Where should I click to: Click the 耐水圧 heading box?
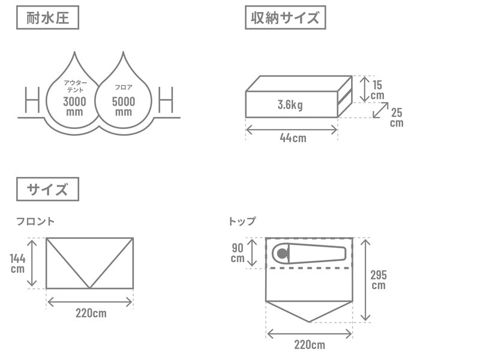(x=47, y=17)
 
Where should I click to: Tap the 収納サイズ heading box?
(x=286, y=17)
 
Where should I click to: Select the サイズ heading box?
(x=47, y=189)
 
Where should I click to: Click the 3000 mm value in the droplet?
(x=74, y=106)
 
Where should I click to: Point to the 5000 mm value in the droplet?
(x=124, y=106)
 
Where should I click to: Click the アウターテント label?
(x=76, y=86)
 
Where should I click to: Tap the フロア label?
(x=124, y=87)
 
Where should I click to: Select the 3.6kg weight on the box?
(x=290, y=104)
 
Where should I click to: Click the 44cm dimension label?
(x=293, y=138)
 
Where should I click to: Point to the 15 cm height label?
(x=377, y=90)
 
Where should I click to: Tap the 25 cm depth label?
(x=397, y=118)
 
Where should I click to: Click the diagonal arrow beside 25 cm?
(x=380, y=110)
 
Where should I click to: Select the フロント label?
(x=35, y=221)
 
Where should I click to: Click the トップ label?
(x=242, y=221)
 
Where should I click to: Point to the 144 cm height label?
(x=17, y=263)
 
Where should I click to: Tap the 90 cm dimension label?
(x=238, y=253)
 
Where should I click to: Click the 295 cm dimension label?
(x=379, y=280)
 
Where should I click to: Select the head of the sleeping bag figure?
(x=282, y=253)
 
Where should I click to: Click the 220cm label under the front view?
(x=91, y=313)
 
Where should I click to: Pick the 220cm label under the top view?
(x=310, y=344)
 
